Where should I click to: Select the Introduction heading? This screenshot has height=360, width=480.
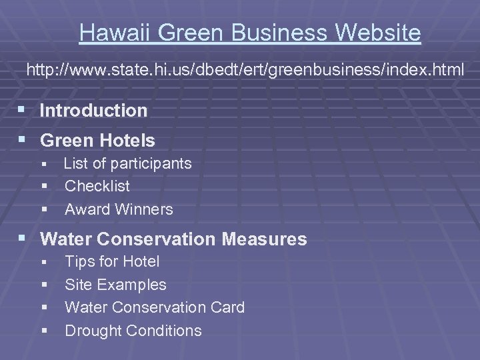tap(93, 111)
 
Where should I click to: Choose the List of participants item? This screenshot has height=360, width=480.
tap(127, 163)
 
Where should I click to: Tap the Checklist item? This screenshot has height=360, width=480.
tap(97, 186)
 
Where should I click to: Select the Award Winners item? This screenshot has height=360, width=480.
tap(119, 209)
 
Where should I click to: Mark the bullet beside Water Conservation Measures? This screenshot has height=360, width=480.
tap(24, 239)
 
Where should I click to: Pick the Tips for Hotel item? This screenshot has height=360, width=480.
tap(112, 262)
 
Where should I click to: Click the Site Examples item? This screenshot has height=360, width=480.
tap(115, 285)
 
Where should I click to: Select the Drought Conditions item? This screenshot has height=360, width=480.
tap(133, 331)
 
